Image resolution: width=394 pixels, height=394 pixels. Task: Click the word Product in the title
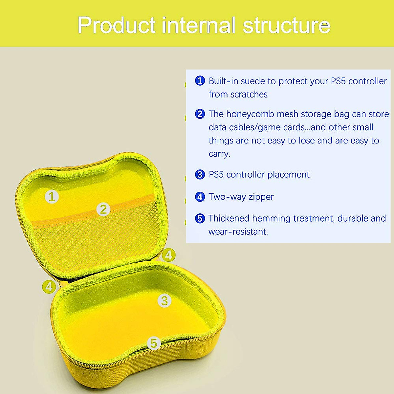(x=116, y=25)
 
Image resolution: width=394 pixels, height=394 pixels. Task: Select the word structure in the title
(x=286, y=25)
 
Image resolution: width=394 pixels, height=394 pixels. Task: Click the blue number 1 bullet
(x=200, y=81)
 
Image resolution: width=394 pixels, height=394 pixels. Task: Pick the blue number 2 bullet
(x=200, y=114)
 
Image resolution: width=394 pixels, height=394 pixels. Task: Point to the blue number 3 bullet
(x=200, y=174)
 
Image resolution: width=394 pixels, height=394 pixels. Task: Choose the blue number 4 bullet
(x=200, y=197)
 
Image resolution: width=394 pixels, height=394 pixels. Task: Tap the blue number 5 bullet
(x=200, y=218)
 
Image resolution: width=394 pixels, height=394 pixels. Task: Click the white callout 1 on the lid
(x=52, y=197)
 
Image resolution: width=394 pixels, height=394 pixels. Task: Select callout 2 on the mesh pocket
(x=103, y=209)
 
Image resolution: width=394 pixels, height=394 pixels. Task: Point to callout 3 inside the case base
(x=164, y=300)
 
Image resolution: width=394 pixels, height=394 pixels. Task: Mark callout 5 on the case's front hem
(x=154, y=343)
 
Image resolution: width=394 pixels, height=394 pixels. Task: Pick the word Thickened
(x=229, y=218)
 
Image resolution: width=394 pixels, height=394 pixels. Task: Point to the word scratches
(x=249, y=95)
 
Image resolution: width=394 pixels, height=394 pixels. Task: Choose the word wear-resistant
(x=238, y=232)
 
